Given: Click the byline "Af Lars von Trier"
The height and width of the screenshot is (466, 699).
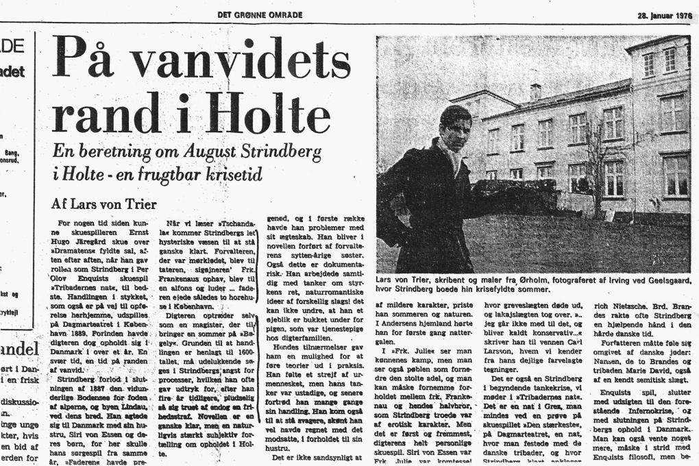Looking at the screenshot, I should point(104,204).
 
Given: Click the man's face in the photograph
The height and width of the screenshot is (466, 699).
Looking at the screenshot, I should point(455,127).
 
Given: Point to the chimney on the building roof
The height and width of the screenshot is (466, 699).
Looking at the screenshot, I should point(535,92).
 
